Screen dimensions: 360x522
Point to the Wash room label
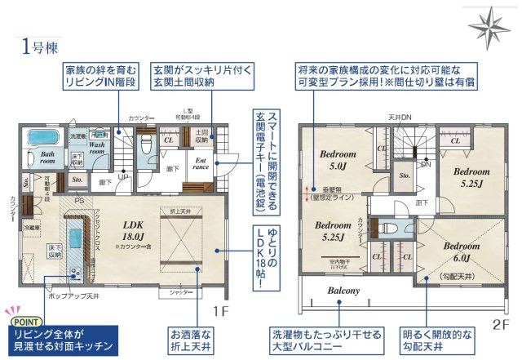click(98, 147)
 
